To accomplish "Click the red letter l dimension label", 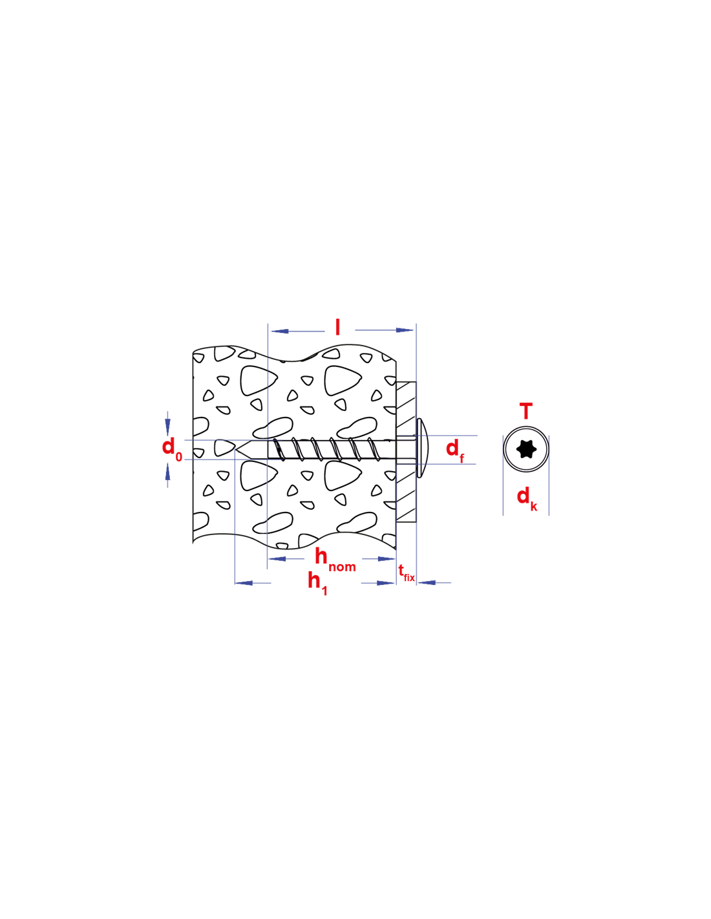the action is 337,327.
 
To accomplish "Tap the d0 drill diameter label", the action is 172,450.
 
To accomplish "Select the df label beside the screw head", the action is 455,450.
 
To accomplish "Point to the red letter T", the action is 525,411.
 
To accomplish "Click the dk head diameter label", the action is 527,499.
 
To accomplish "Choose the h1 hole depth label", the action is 317,584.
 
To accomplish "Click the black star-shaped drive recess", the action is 525,449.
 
